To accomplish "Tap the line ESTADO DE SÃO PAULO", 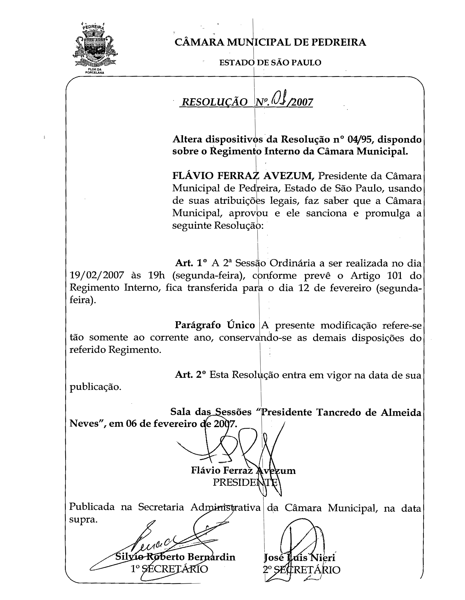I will [x=270, y=63].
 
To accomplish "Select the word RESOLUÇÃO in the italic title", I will [x=215, y=102].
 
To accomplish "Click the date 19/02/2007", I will [x=97, y=275].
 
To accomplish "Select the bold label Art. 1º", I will [x=191, y=263].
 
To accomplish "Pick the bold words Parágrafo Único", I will [x=215, y=325].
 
